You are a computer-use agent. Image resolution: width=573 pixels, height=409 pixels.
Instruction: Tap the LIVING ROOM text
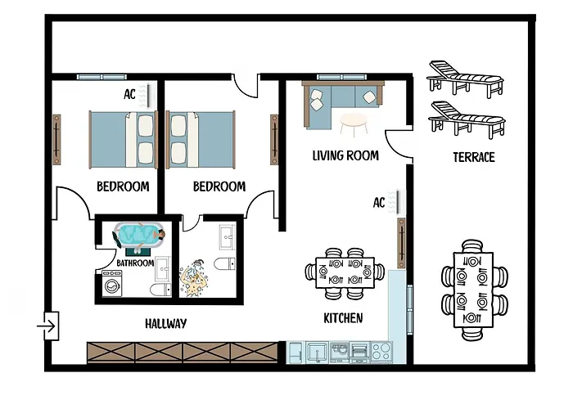[x=345, y=155]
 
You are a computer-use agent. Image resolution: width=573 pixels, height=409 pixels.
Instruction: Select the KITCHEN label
[x=343, y=317]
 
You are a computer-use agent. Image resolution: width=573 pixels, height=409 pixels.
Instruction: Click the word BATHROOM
[x=135, y=263]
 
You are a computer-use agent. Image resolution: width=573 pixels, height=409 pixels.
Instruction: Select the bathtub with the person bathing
[x=139, y=236]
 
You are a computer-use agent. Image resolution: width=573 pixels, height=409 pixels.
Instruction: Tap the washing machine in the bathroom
[x=112, y=287]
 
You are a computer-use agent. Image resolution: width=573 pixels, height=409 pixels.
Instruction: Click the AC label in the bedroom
[x=129, y=95]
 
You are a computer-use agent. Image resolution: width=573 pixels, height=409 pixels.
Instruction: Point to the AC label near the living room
[x=379, y=202]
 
